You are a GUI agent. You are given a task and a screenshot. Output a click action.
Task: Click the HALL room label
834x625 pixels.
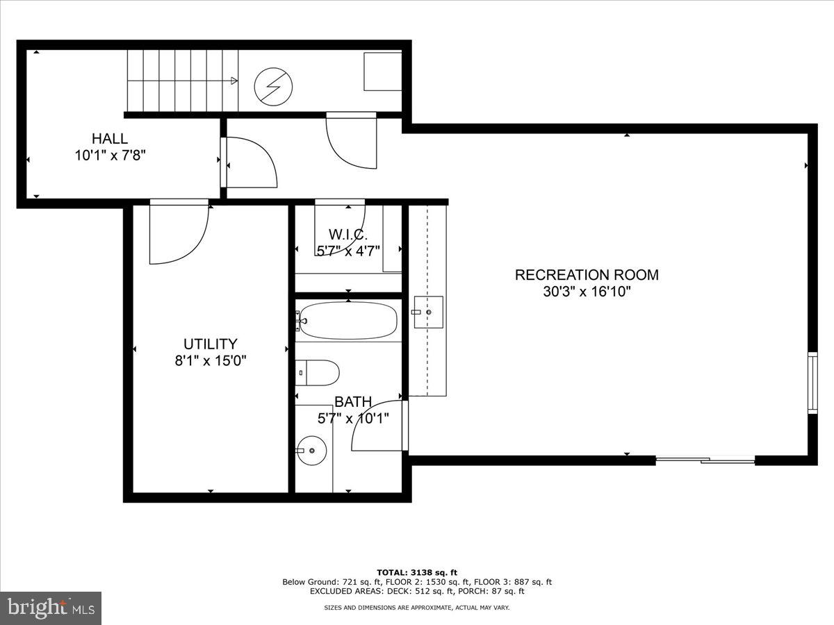[110, 139]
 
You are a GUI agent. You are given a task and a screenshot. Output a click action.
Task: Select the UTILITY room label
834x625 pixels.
[211, 344]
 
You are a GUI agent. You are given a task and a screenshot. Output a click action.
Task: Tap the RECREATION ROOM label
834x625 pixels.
[587, 275]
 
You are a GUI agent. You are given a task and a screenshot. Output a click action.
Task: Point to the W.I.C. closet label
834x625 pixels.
[347, 235]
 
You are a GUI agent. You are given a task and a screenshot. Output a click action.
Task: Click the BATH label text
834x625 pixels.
[353, 402]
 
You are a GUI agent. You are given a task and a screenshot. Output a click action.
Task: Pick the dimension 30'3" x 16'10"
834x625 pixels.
[587, 292]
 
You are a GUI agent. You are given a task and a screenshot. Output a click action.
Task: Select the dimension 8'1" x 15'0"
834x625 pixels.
[211, 361]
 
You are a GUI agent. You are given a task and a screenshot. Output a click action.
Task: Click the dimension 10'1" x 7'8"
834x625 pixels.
[110, 156]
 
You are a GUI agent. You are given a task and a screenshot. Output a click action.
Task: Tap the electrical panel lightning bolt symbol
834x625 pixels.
[274, 87]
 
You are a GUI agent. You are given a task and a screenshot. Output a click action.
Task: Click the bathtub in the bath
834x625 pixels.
[348, 321]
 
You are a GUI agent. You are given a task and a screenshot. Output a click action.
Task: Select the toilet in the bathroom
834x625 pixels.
[318, 373]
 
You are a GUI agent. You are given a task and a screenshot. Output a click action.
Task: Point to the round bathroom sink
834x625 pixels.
[311, 451]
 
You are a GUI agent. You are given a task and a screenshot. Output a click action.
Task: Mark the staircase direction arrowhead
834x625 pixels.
[234, 81]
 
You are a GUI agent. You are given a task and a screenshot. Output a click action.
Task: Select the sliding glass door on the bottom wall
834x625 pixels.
[705, 460]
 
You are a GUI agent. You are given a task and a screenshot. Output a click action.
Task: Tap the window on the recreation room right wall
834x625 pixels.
[812, 383]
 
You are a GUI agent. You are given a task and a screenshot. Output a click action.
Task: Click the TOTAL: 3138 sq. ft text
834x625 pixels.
[417, 572]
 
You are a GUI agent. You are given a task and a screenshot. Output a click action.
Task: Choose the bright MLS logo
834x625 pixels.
[51, 608]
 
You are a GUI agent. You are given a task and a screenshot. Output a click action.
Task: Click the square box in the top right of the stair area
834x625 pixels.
[383, 71]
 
